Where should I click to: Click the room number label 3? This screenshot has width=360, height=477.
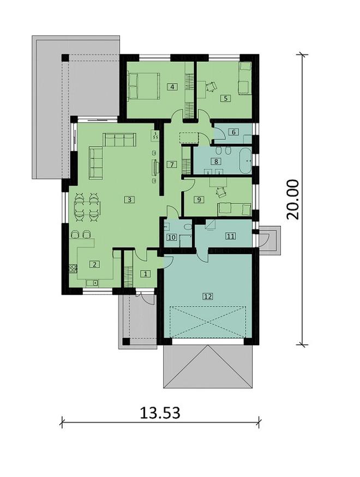[x=129, y=200]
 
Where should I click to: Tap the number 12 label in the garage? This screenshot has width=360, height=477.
[x=208, y=296]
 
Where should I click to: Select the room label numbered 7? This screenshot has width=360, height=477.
[x=172, y=165]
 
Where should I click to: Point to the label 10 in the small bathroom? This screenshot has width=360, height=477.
[x=172, y=237]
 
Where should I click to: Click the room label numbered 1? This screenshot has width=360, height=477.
[x=146, y=274]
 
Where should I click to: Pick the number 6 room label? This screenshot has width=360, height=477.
[x=233, y=132]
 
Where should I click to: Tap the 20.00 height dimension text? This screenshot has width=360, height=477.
[x=293, y=200]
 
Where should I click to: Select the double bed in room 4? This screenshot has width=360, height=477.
[x=143, y=86]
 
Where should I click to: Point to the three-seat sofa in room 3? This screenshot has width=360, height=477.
[x=119, y=140]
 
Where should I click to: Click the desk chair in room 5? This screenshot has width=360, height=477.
[x=211, y=87]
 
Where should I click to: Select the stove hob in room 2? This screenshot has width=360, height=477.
[x=73, y=269]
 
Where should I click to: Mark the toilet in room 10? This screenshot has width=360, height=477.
[x=187, y=227]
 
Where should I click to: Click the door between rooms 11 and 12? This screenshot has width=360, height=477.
[x=202, y=255]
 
